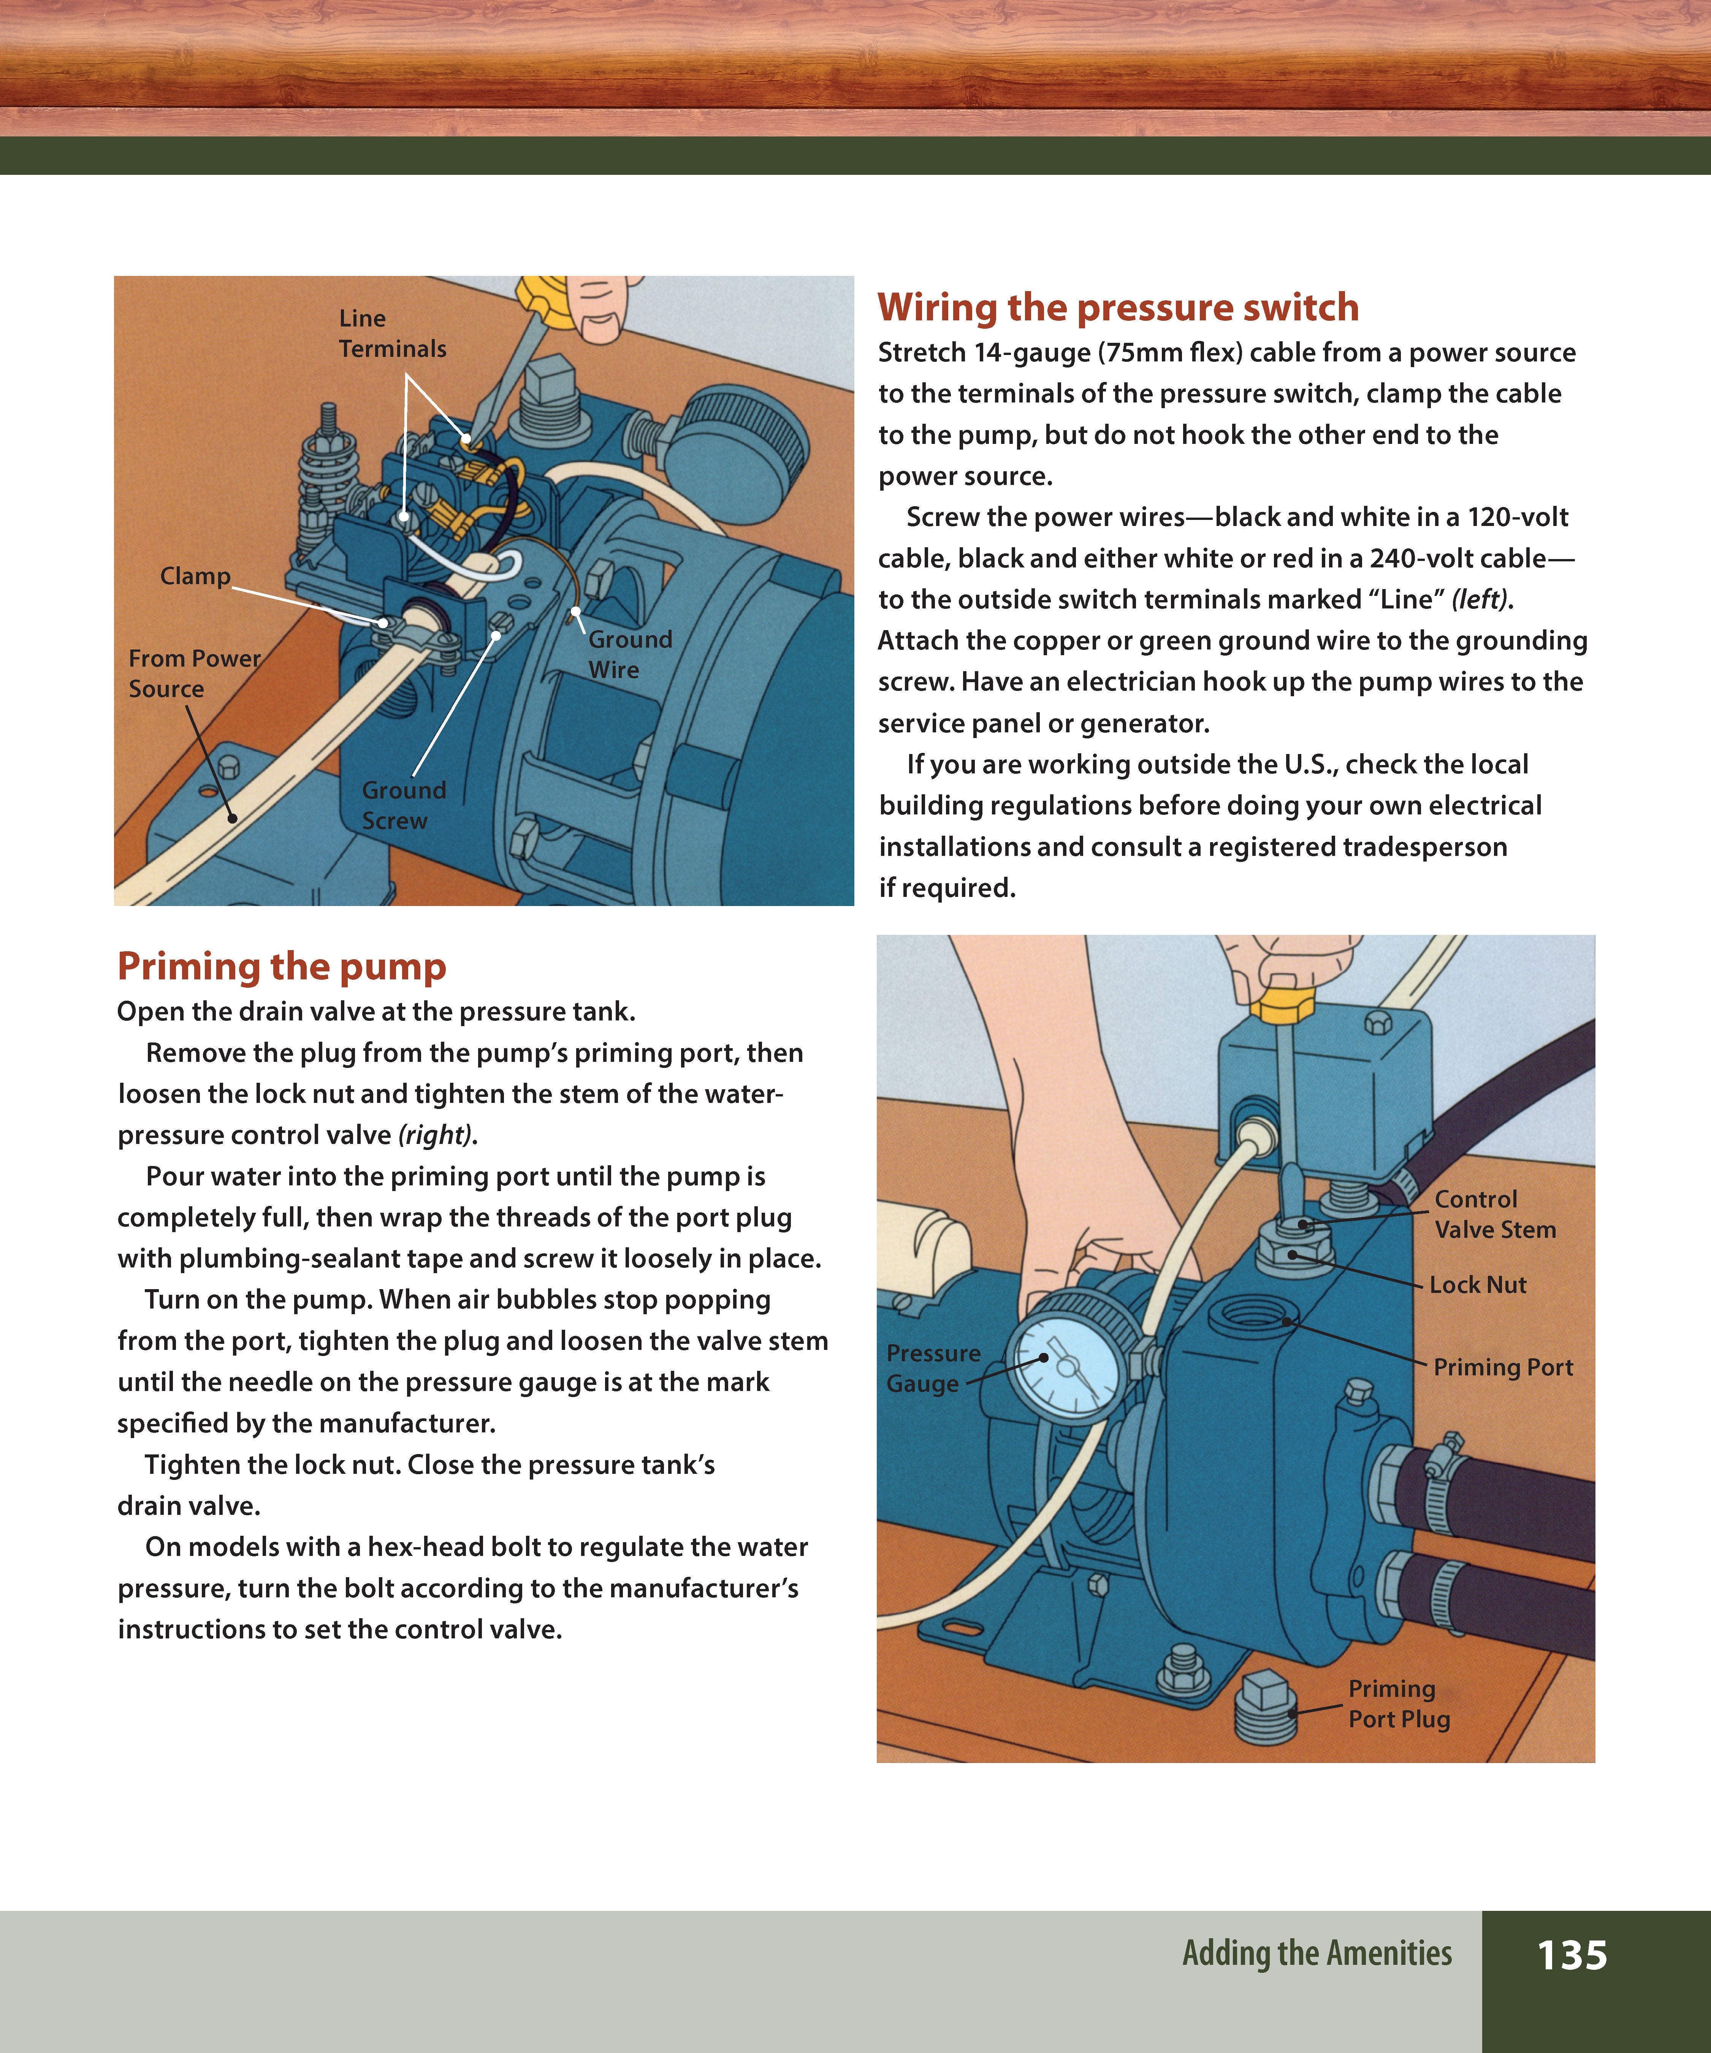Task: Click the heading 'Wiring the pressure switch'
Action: click(1117, 307)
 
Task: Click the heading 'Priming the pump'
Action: click(282, 966)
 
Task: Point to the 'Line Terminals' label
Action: click(392, 333)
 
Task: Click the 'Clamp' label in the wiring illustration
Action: click(196, 576)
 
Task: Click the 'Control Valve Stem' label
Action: click(1494, 1214)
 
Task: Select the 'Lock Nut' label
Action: click(1477, 1285)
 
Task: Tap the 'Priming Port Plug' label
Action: click(1398, 1703)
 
